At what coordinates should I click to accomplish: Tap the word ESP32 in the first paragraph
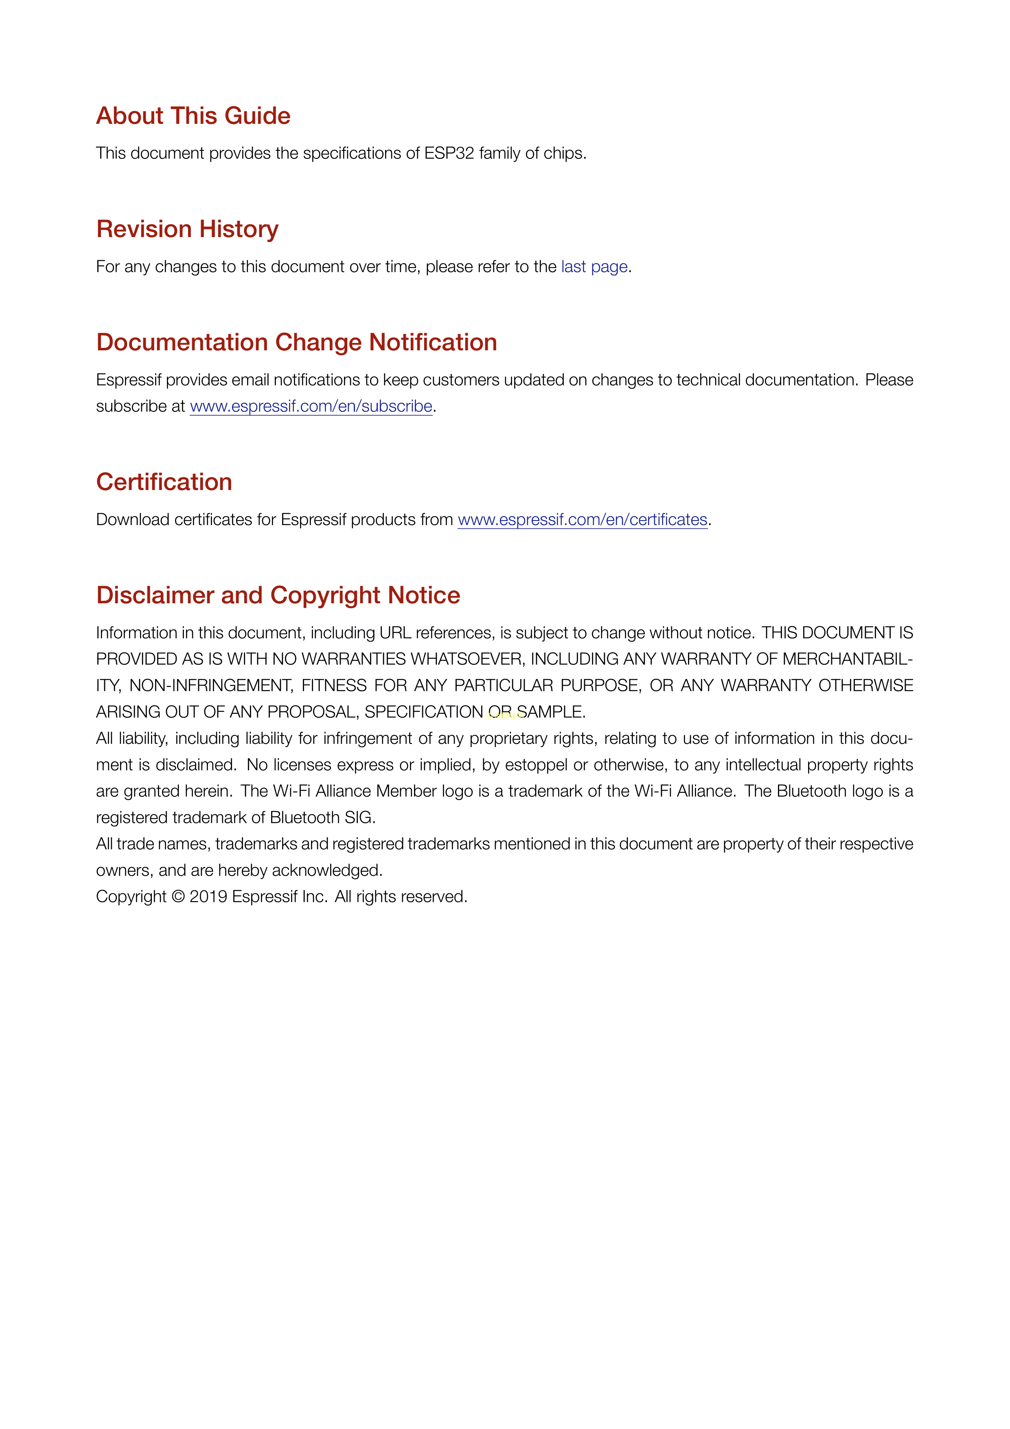(449, 153)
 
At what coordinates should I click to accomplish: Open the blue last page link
(594, 266)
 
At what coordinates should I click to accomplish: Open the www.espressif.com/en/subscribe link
(311, 407)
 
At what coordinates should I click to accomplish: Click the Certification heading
(164, 482)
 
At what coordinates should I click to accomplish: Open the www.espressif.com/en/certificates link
(583, 520)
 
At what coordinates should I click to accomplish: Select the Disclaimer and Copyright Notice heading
(278, 596)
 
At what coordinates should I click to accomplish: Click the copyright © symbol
(178, 897)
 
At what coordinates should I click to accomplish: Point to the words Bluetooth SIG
(322, 818)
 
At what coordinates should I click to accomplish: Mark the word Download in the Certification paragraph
(132, 520)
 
